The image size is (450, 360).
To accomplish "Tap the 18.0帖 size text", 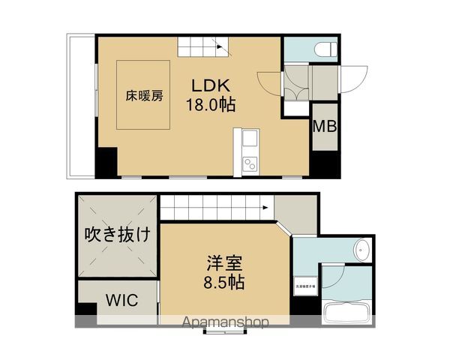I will [x=211, y=104].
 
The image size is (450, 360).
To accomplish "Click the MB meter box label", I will [x=325, y=126].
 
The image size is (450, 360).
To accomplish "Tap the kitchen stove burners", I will [x=249, y=163].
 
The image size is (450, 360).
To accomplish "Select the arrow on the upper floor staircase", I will [x=220, y=46].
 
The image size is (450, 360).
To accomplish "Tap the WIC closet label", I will [x=121, y=301].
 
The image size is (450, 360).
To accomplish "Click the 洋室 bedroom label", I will [x=225, y=264].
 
